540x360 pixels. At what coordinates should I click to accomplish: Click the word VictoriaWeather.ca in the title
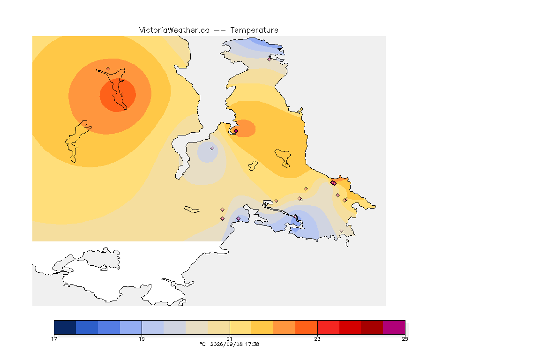pyautogui.click(x=174, y=30)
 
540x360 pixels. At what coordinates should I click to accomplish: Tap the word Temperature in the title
pyautogui.click(x=254, y=30)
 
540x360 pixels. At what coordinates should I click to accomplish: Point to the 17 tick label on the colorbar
pyautogui.click(x=54, y=339)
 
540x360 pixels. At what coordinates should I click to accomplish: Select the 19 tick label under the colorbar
pyautogui.click(x=142, y=339)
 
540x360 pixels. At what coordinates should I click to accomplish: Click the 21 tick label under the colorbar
pyautogui.click(x=229, y=339)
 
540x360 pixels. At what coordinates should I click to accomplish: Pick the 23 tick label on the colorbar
pyautogui.click(x=317, y=339)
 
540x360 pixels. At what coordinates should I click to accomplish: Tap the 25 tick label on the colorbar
pyautogui.click(x=405, y=339)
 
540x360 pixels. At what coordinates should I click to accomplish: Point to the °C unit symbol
pyautogui.click(x=202, y=344)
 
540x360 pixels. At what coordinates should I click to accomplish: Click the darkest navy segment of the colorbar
pyautogui.click(x=65, y=327)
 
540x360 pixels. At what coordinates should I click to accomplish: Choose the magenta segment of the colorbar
pyautogui.click(x=394, y=327)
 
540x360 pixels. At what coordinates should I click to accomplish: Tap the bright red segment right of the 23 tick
pyautogui.click(x=328, y=327)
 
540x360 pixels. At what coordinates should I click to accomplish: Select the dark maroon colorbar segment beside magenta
pyautogui.click(x=372, y=327)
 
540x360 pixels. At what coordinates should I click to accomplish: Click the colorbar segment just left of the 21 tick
pyautogui.click(x=219, y=327)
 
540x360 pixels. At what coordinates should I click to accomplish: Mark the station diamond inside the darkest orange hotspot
pyautogui.click(x=122, y=94)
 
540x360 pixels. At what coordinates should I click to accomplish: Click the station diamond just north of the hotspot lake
pyautogui.click(x=108, y=69)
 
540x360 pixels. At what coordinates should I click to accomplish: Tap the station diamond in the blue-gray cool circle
pyautogui.click(x=212, y=149)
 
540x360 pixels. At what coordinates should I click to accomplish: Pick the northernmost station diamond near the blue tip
pyautogui.click(x=270, y=59)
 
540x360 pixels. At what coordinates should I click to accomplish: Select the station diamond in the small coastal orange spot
pyautogui.click(x=236, y=131)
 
